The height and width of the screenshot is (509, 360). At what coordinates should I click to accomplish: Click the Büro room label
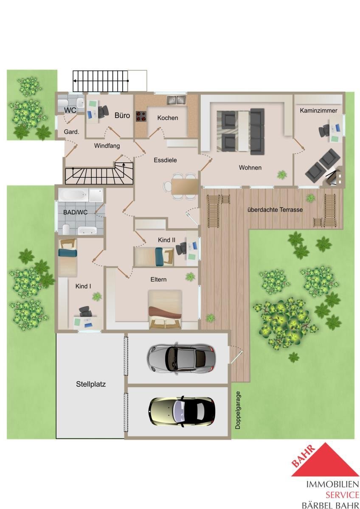[x=122, y=115]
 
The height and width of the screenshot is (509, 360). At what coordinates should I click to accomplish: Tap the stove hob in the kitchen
[x=141, y=116]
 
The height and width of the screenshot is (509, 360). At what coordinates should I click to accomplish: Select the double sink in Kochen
[x=177, y=100]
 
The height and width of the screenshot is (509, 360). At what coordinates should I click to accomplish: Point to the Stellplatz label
[x=91, y=384]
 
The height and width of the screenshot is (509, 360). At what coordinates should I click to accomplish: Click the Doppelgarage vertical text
[x=238, y=410]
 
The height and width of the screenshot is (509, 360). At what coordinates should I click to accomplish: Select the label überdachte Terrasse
[x=275, y=210]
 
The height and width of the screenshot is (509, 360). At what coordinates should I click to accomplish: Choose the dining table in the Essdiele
[x=184, y=186]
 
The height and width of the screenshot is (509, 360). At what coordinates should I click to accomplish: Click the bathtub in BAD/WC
[x=74, y=195]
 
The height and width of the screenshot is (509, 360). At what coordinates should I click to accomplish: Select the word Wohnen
[x=250, y=168]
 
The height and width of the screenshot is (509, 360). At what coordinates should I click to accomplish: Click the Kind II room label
[x=166, y=240]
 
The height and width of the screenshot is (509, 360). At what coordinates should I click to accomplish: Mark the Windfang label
[x=107, y=145]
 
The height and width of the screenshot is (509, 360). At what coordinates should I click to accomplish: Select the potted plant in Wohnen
[x=282, y=174]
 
